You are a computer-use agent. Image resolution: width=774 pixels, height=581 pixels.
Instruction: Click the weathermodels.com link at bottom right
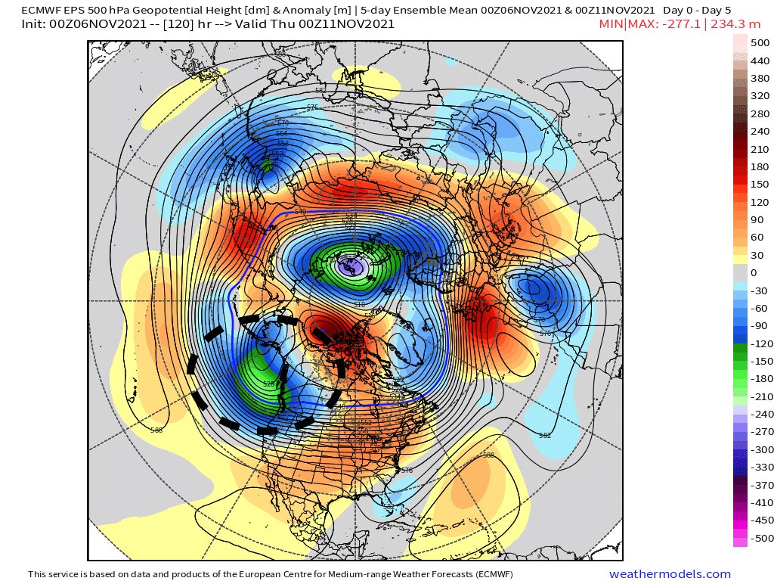[x=670, y=574]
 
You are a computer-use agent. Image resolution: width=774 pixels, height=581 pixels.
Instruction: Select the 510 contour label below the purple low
[x=360, y=304]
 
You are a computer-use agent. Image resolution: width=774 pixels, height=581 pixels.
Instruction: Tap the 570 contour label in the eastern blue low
[x=540, y=321]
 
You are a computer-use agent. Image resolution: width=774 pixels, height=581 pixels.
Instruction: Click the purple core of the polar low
[x=350, y=267]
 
